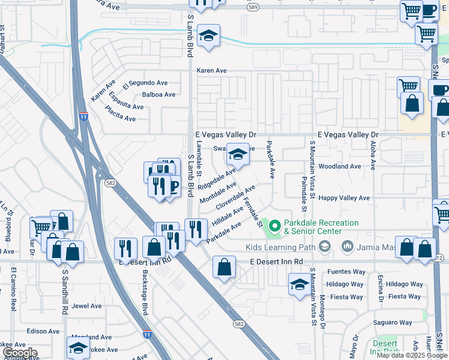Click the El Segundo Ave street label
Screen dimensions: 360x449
pos(145,83)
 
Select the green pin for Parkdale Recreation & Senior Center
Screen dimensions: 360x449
pos(275,226)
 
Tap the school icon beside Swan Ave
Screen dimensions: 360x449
pos(238,155)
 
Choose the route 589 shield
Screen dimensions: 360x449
pos(253,7)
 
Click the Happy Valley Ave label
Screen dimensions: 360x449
pos(344,198)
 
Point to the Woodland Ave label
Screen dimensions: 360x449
pos(340,166)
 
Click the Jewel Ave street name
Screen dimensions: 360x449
pos(87,306)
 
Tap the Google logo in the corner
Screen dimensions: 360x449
pos(19,353)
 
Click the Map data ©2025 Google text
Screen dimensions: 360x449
pos(411,355)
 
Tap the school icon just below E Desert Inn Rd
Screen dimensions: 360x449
pos(299,285)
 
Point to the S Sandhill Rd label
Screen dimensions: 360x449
pos(65,294)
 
